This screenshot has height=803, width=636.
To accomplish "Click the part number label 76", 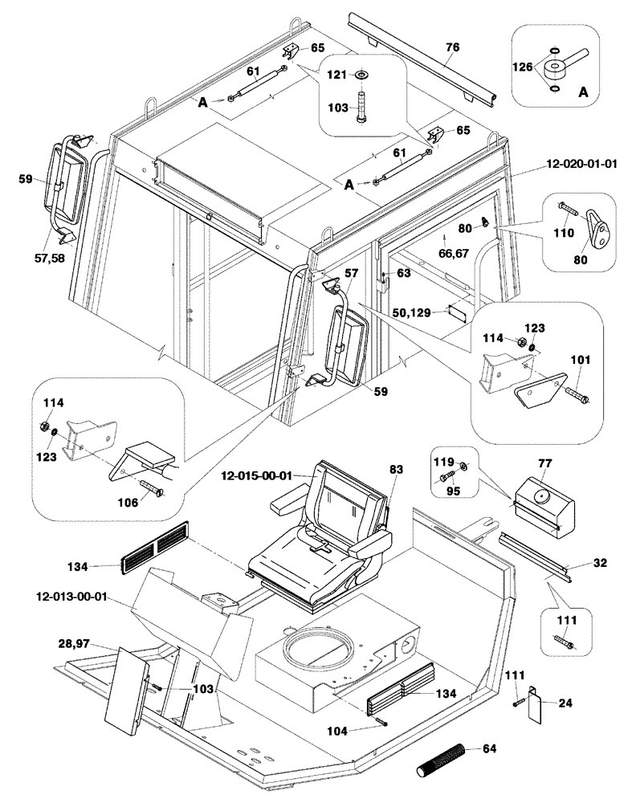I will click(454, 47).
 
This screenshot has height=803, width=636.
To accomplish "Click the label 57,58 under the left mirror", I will click(52, 253).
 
